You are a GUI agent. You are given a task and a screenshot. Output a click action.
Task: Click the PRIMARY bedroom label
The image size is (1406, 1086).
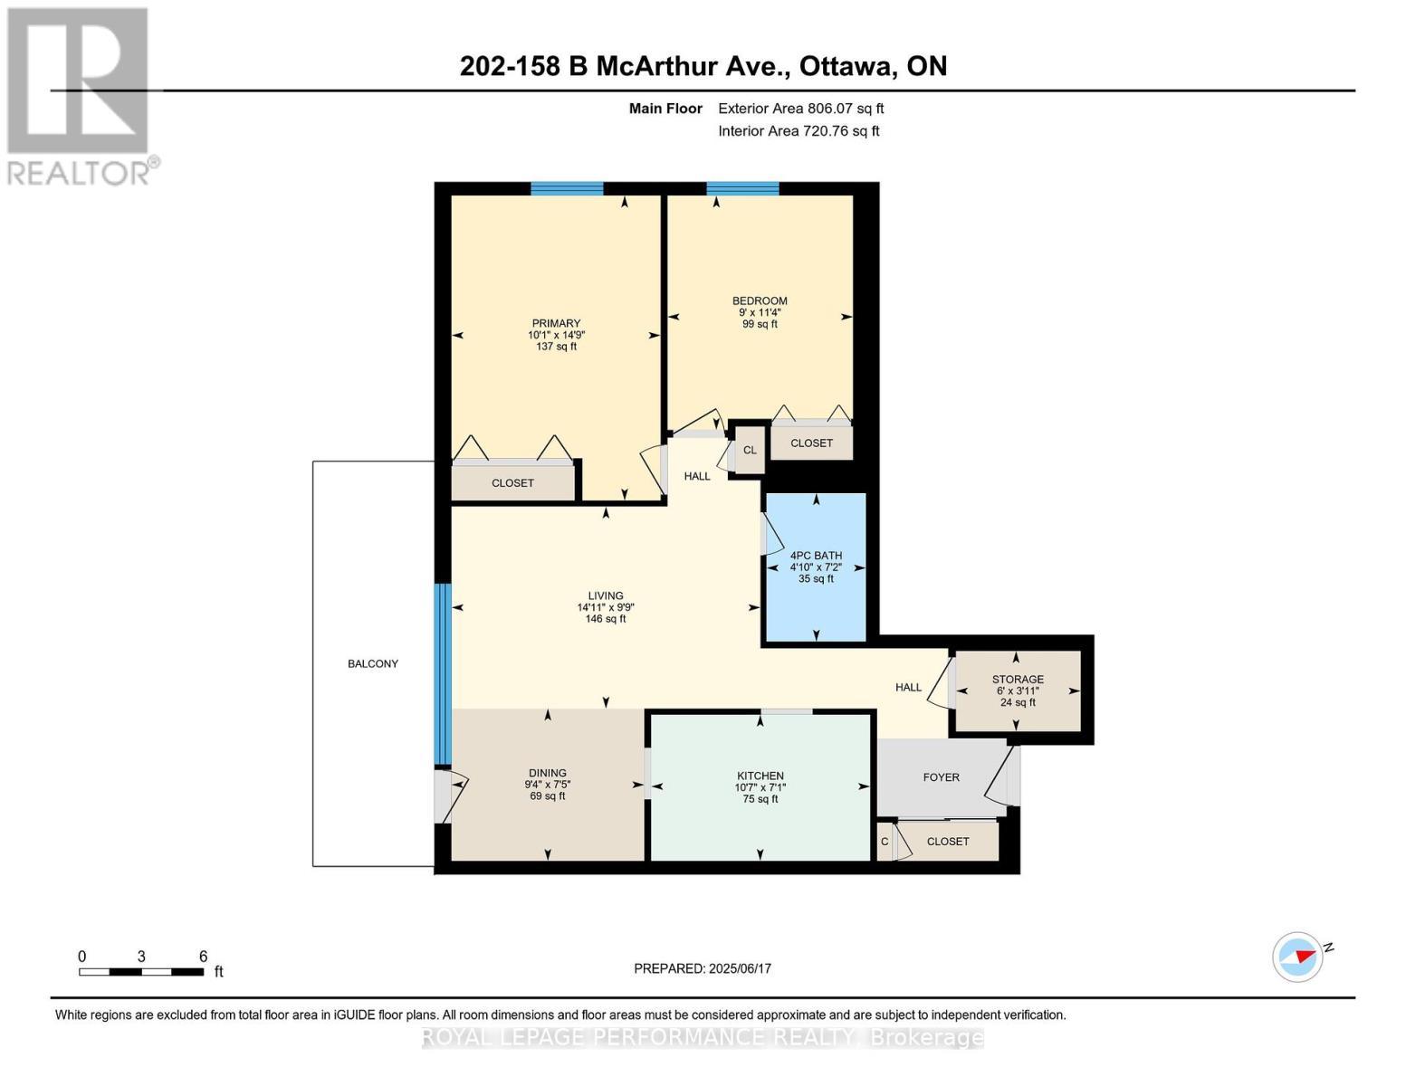(556, 323)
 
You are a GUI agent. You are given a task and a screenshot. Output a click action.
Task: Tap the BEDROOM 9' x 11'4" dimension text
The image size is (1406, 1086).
(760, 312)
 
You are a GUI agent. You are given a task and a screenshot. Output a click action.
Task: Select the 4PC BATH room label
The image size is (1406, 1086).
(816, 556)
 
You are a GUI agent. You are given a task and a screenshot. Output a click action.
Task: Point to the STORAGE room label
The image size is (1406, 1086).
(1018, 679)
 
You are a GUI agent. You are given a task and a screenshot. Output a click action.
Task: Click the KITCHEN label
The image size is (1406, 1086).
(760, 776)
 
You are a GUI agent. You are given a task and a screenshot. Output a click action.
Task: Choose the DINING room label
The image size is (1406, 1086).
(548, 773)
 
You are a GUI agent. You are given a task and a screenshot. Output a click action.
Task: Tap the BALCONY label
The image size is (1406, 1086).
(373, 663)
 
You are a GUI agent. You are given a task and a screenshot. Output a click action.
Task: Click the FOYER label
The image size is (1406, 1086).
(942, 776)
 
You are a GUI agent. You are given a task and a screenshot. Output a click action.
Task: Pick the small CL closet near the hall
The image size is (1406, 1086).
(750, 450)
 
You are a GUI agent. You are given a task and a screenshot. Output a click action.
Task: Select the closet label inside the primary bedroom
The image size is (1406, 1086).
(512, 482)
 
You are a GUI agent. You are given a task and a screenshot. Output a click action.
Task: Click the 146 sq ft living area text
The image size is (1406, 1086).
(606, 619)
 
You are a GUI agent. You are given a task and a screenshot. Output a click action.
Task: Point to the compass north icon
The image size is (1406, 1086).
(1298, 957)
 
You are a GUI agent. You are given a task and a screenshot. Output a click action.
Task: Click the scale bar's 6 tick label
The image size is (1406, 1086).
(203, 956)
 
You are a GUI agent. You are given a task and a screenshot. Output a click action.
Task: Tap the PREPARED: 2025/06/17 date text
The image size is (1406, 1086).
(703, 968)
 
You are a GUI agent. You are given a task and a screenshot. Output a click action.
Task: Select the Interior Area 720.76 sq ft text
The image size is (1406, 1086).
(799, 130)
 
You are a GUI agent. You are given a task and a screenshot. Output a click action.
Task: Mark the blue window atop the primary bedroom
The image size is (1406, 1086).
(567, 188)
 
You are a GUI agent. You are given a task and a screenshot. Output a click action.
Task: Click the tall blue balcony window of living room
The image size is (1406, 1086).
(442, 674)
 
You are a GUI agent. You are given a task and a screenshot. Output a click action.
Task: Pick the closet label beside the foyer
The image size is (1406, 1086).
(948, 841)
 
